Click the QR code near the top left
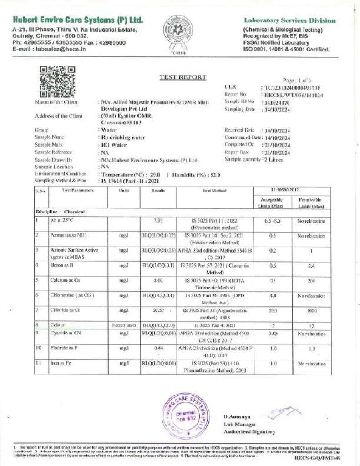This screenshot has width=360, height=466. click(x=57, y=81)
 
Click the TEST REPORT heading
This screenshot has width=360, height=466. click(x=183, y=77)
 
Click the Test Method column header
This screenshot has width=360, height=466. click(x=214, y=191)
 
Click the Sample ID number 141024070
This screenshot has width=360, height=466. click(x=276, y=102)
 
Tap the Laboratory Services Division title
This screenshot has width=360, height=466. click(x=290, y=20)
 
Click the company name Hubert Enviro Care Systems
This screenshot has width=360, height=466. click(x=78, y=20)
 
